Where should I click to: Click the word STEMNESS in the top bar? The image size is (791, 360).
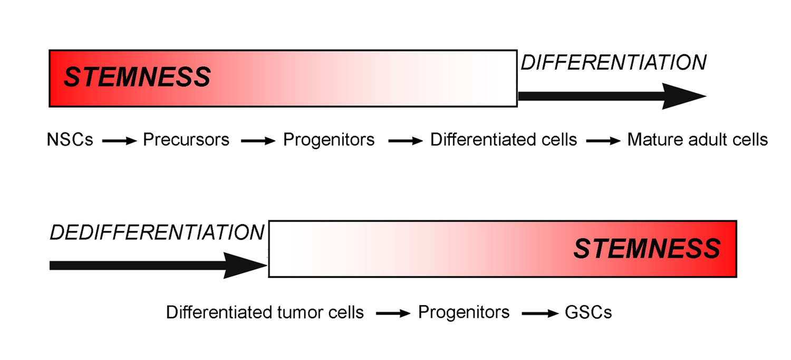pyautogui.click(x=137, y=77)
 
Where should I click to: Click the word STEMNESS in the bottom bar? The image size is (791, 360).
pyautogui.click(x=647, y=248)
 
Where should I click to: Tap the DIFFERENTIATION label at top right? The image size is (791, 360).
pyautogui.click(x=613, y=63)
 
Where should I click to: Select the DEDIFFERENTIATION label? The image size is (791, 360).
pyautogui.click(x=157, y=232)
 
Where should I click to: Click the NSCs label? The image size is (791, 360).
pyautogui.click(x=70, y=140)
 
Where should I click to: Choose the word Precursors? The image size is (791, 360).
pyautogui.click(x=186, y=140)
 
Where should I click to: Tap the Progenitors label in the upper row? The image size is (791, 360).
pyautogui.click(x=329, y=140)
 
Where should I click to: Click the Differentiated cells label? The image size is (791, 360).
pyautogui.click(x=504, y=140)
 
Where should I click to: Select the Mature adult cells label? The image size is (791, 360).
pyautogui.click(x=698, y=140)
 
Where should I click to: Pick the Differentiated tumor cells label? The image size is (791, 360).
pyautogui.click(x=265, y=313)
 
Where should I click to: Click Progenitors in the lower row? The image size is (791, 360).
pyautogui.click(x=464, y=313)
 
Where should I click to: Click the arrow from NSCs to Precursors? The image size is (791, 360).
pyautogui.click(x=119, y=141)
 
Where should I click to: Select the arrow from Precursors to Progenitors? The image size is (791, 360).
pyautogui.click(x=258, y=141)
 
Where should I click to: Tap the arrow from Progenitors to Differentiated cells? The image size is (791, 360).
pyautogui.click(x=405, y=141)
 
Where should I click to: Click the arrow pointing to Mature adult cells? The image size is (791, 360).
pyautogui.click(x=604, y=141)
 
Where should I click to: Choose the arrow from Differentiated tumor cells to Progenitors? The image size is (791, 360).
pyautogui.click(x=393, y=314)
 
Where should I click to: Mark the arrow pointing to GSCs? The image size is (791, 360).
pyautogui.click(x=539, y=314)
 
